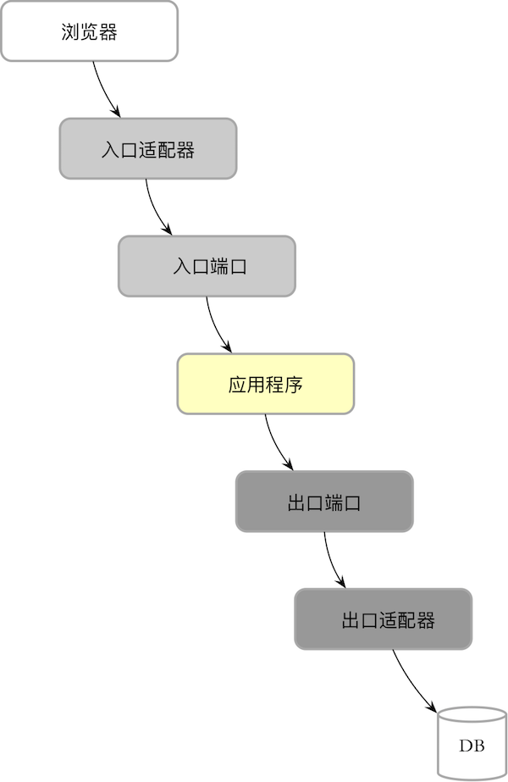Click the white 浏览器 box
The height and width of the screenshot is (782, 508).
coord(89,31)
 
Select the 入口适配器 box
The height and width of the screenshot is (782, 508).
coord(147,148)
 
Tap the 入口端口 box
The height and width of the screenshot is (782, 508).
coord(207,266)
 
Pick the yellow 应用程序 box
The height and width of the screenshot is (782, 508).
coord(265,384)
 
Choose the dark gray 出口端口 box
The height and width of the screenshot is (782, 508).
coord(324,502)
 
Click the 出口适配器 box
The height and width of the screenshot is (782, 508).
coord(383,619)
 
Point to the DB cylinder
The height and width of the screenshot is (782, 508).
coord(472,746)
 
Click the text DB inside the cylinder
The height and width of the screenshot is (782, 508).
coord(472,746)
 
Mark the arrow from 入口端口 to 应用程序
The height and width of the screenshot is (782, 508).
coord(213,325)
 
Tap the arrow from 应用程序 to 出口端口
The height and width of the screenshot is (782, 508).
coord(272,443)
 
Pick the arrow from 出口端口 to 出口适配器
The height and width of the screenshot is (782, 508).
coord(330,561)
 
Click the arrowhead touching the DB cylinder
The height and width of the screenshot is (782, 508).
coord(431,707)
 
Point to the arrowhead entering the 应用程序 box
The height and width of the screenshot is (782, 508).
coord(227,347)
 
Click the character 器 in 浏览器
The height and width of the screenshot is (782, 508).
coord(108,32)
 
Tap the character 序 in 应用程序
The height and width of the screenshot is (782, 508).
coord(294,385)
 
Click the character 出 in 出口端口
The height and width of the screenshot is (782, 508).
coord(296,502)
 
